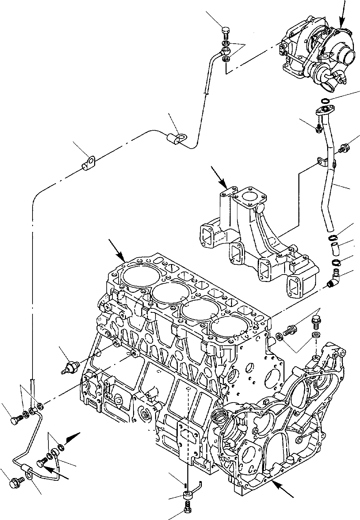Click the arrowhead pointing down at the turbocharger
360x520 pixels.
click(x=341, y=24)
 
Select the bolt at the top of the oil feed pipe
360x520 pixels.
click(x=226, y=32)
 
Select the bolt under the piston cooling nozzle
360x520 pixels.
click(x=187, y=507)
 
